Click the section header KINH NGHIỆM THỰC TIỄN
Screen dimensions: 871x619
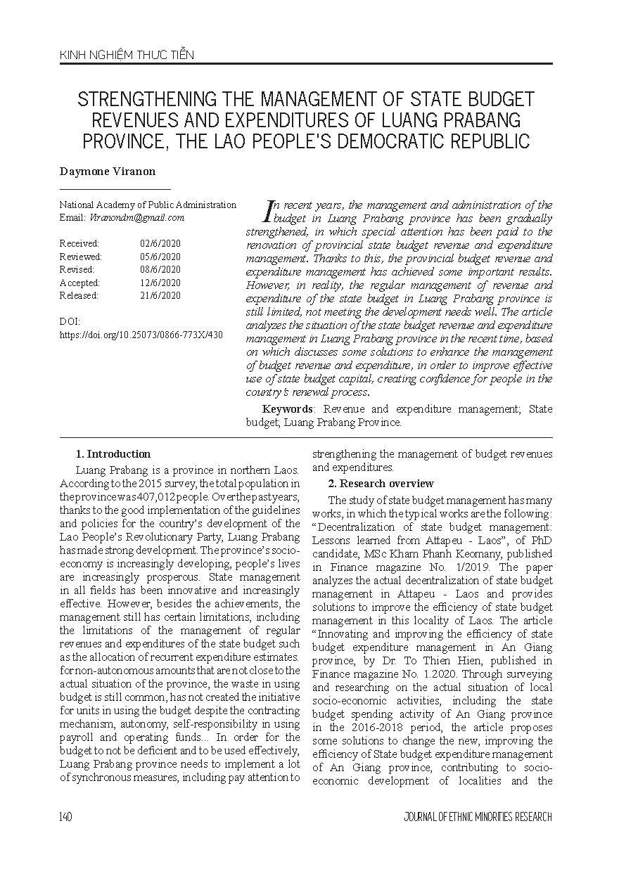(x=127, y=55)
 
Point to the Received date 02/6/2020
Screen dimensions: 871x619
(x=160, y=243)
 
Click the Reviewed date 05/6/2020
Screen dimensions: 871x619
(x=160, y=257)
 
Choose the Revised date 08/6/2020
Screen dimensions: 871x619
(x=160, y=269)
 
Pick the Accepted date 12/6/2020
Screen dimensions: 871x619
(x=160, y=283)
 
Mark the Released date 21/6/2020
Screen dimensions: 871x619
(x=160, y=296)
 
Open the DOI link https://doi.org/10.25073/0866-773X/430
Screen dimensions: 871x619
(x=141, y=335)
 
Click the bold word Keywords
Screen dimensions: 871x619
(x=287, y=409)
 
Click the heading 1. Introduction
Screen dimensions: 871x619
(x=113, y=454)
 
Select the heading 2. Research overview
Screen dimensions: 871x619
(x=381, y=484)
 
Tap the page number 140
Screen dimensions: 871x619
(x=66, y=817)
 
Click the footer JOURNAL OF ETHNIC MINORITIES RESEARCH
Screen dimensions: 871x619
(x=478, y=817)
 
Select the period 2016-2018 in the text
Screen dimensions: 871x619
(x=357, y=728)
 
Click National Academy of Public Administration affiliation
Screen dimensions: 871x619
(x=148, y=205)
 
